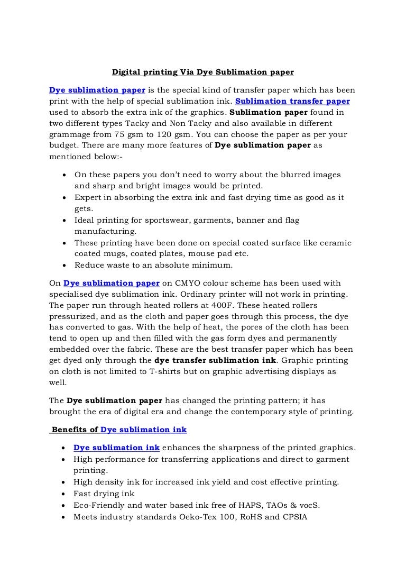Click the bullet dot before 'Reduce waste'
pyautogui.click(x=64, y=266)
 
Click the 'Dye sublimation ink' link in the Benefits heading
pyautogui.click(x=143, y=430)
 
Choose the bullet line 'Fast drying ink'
pyautogui.click(x=104, y=494)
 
